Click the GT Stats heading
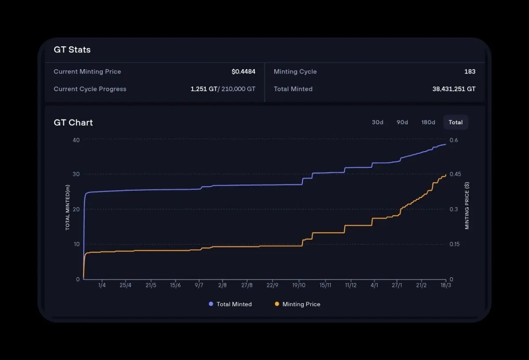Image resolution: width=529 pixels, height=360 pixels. coord(72,50)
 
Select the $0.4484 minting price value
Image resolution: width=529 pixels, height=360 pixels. coord(243,72)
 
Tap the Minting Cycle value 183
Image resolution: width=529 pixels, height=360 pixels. coord(469,72)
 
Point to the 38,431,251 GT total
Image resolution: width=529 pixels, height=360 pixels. coord(454,89)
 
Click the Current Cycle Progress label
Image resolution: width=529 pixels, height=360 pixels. coord(90,89)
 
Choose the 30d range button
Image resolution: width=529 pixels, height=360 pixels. coord(377,122)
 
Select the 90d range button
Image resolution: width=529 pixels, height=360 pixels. coord(402,122)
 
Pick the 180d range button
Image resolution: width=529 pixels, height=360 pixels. coord(428,122)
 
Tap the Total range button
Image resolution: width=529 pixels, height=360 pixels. coord(455,122)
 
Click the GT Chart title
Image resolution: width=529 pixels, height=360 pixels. coord(73,122)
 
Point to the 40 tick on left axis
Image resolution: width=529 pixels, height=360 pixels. coord(76,140)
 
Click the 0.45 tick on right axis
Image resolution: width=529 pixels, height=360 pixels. coord(455,174)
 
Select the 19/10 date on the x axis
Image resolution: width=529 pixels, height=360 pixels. coord(299,286)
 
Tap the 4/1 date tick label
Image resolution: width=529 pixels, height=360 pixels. coord(374,286)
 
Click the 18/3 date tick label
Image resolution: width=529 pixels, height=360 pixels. coord(446,286)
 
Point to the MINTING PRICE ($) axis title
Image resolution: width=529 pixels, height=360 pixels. coord(467,206)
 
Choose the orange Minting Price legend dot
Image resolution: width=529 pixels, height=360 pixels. coord(277,304)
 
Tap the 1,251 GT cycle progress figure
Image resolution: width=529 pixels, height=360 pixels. coord(204,89)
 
